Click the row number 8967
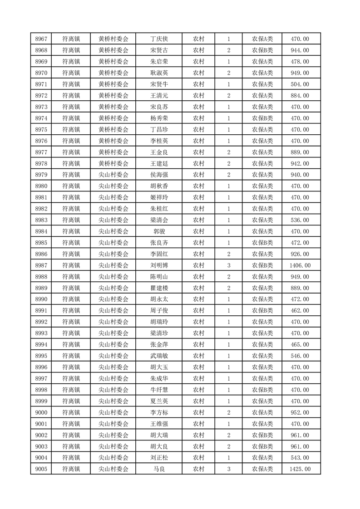(x=41, y=39)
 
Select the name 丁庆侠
(x=159, y=39)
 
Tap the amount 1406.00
(x=300, y=265)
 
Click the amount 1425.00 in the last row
(x=300, y=469)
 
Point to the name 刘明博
(x=159, y=265)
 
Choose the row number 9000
(x=41, y=412)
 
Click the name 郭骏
(x=159, y=231)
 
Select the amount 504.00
(x=300, y=84)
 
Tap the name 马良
(x=159, y=469)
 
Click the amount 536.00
(x=300, y=220)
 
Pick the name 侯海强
(x=159, y=175)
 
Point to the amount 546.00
(x=300, y=356)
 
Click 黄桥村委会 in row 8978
(x=113, y=163)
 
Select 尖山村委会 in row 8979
(x=113, y=175)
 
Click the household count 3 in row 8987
(x=229, y=265)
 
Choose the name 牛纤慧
(x=159, y=390)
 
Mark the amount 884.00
(x=300, y=96)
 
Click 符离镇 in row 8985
(x=71, y=243)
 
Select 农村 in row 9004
(x=198, y=458)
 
